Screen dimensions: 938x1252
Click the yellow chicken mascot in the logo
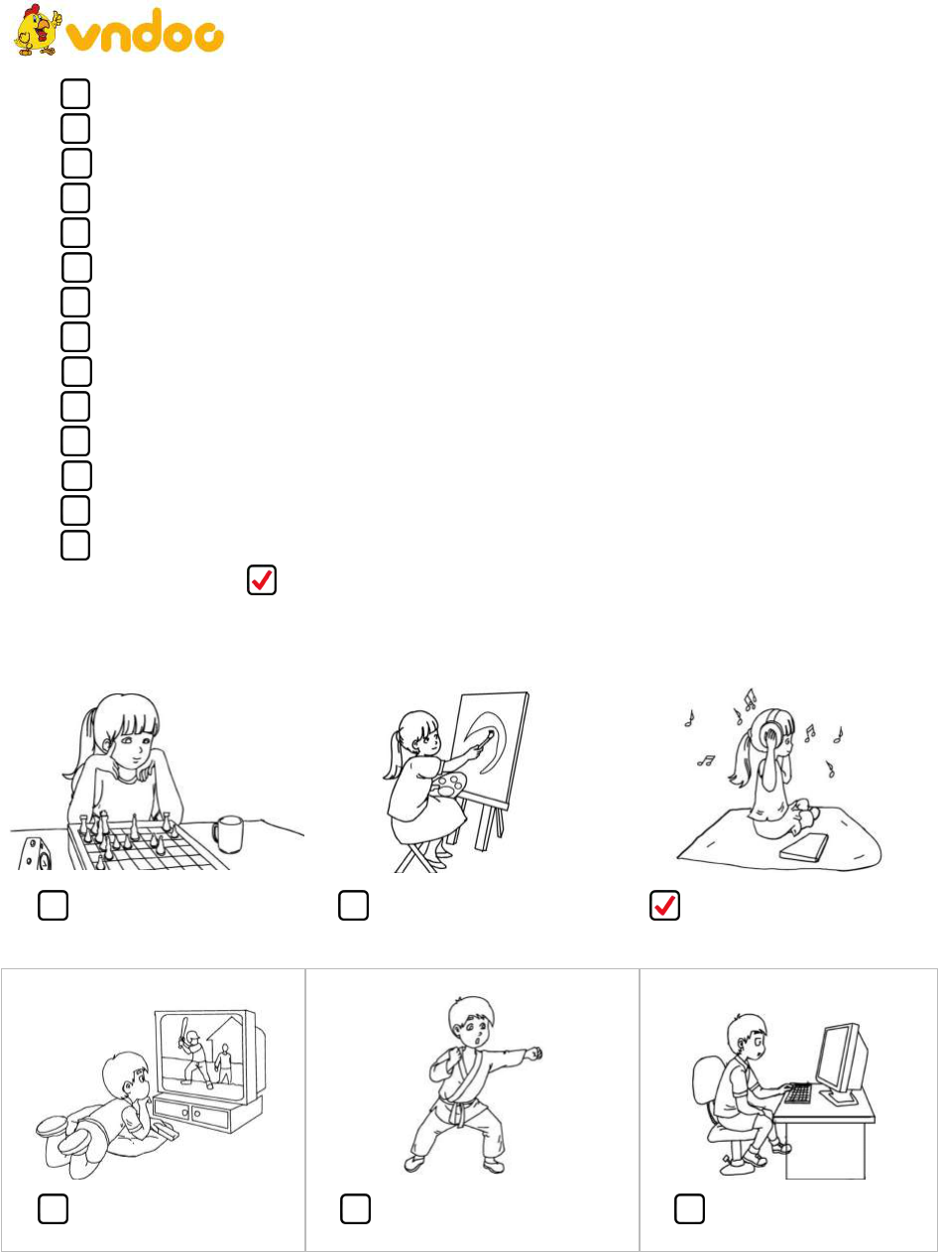click(37, 30)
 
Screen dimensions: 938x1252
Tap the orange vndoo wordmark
click(145, 32)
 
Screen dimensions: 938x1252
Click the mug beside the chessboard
click(228, 834)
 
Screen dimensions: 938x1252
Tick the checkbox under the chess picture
click(53, 905)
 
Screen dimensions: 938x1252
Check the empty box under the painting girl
click(353, 905)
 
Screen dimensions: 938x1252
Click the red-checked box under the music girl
click(664, 905)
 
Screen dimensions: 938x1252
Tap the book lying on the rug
click(804, 847)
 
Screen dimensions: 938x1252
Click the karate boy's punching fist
click(534, 1054)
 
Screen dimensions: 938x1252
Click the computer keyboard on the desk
click(798, 1092)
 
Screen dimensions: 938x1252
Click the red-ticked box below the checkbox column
click(262, 580)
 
